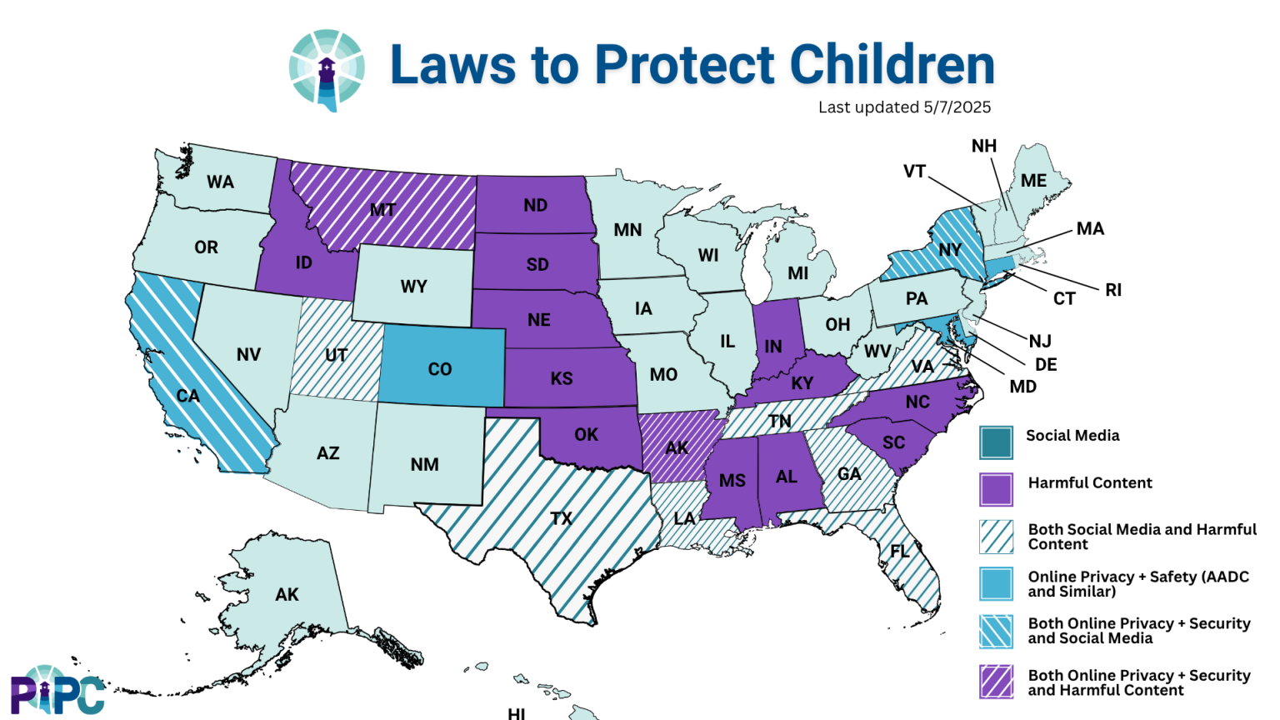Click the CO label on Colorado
point(439,369)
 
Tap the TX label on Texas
point(561,518)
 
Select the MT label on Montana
point(382,210)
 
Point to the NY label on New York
point(950,249)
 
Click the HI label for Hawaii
point(517,713)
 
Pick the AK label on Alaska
point(287,594)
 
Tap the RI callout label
point(1113,290)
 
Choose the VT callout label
point(914,171)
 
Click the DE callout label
point(1046,364)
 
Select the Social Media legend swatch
point(996,442)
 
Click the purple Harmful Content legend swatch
point(996,489)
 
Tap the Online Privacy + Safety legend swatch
point(996,583)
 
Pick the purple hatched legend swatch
point(996,681)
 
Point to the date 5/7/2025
point(957,107)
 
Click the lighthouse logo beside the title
point(327,70)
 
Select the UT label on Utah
point(336,355)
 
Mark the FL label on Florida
point(900,551)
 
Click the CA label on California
point(187,395)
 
